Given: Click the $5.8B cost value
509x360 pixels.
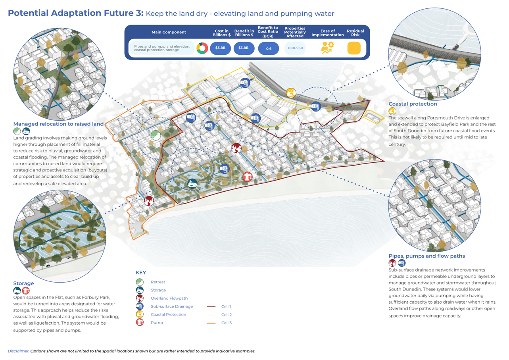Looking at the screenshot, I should (220, 48).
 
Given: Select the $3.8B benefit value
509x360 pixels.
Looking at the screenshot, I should (244, 48).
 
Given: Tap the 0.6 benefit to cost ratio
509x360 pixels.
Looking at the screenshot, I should (268, 48).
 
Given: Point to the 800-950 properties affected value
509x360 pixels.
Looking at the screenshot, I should (295, 48).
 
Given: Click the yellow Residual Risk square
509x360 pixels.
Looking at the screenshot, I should (354, 48).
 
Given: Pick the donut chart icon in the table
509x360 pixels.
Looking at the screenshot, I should (202, 48).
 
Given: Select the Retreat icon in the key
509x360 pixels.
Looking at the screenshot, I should (139, 282).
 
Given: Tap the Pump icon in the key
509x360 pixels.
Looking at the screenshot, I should (139, 323).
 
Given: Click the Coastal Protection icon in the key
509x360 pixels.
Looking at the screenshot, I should (139, 314).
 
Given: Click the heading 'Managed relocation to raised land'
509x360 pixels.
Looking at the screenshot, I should (58, 124).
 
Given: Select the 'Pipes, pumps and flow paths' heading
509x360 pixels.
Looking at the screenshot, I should (426, 256).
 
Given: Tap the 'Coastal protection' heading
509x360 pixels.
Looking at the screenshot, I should (413, 104).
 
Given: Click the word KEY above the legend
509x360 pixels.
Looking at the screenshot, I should (141, 273).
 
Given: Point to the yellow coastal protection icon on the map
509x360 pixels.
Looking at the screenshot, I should (291, 92).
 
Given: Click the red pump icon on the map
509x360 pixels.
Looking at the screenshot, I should (248, 177).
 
